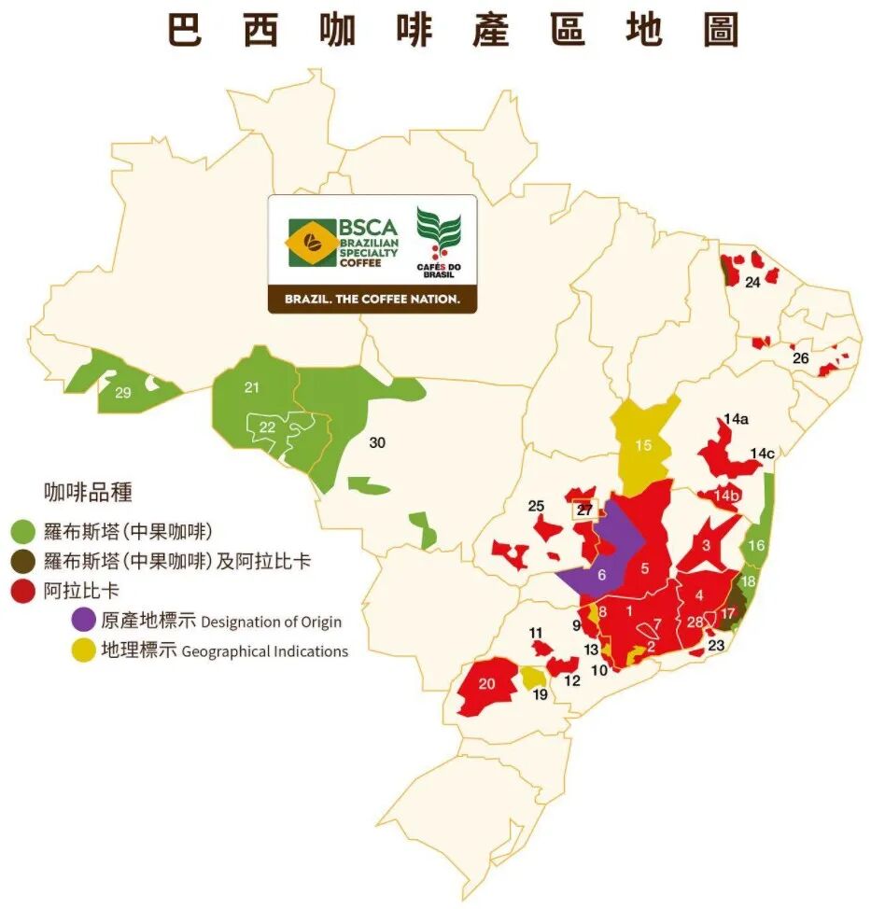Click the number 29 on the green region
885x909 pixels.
123,393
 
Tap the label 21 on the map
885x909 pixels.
251,387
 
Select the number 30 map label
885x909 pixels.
377,442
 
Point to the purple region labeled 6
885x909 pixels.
601,575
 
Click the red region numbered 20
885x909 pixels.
486,683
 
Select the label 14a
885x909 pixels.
737,419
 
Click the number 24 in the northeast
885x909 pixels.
752,282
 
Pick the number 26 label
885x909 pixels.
800,358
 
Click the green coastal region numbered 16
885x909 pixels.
757,545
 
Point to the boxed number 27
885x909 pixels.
584,510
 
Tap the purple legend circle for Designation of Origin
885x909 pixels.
82,620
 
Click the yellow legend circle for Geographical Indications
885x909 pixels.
82,650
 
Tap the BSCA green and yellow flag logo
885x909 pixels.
314,243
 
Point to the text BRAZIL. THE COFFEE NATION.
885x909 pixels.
372,300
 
